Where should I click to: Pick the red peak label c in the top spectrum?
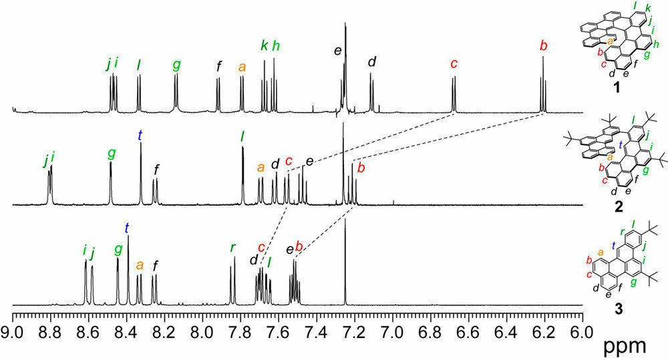click(454, 64)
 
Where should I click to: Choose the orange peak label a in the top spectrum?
click(242, 66)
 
